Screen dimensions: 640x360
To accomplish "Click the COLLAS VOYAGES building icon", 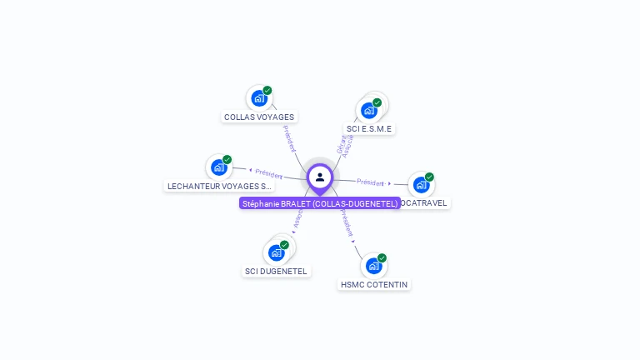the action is coord(258,98).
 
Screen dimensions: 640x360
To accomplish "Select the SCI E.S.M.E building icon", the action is coord(368,110).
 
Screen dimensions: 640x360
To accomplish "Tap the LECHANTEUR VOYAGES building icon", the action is coord(218,167).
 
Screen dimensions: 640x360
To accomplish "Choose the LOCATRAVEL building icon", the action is coord(421,184).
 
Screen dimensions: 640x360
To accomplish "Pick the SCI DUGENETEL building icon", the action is coord(276,252).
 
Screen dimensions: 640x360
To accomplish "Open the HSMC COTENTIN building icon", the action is coord(373,266).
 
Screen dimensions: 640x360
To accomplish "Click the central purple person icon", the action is coord(320,177).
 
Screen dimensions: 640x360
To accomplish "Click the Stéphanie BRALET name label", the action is coord(320,203).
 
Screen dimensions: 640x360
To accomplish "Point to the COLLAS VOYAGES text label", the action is coord(259,117).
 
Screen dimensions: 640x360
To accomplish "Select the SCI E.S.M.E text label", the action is coord(368,129).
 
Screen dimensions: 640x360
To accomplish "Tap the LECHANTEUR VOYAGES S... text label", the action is coord(220,187).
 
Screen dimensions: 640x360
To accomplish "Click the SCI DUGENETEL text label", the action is coord(276,272).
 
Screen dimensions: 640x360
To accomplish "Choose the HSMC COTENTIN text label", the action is coord(374,285).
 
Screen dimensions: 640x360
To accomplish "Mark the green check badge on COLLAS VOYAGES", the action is coord(267,90).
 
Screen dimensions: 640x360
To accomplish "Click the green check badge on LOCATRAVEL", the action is coord(429,177).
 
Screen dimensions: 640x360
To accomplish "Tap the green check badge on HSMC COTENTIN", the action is coord(382,258).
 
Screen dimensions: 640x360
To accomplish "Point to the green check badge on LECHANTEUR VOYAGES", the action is coord(227,160).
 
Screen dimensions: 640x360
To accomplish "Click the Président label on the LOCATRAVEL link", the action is coord(371,182).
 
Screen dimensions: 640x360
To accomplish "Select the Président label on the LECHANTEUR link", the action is coord(268,173).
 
